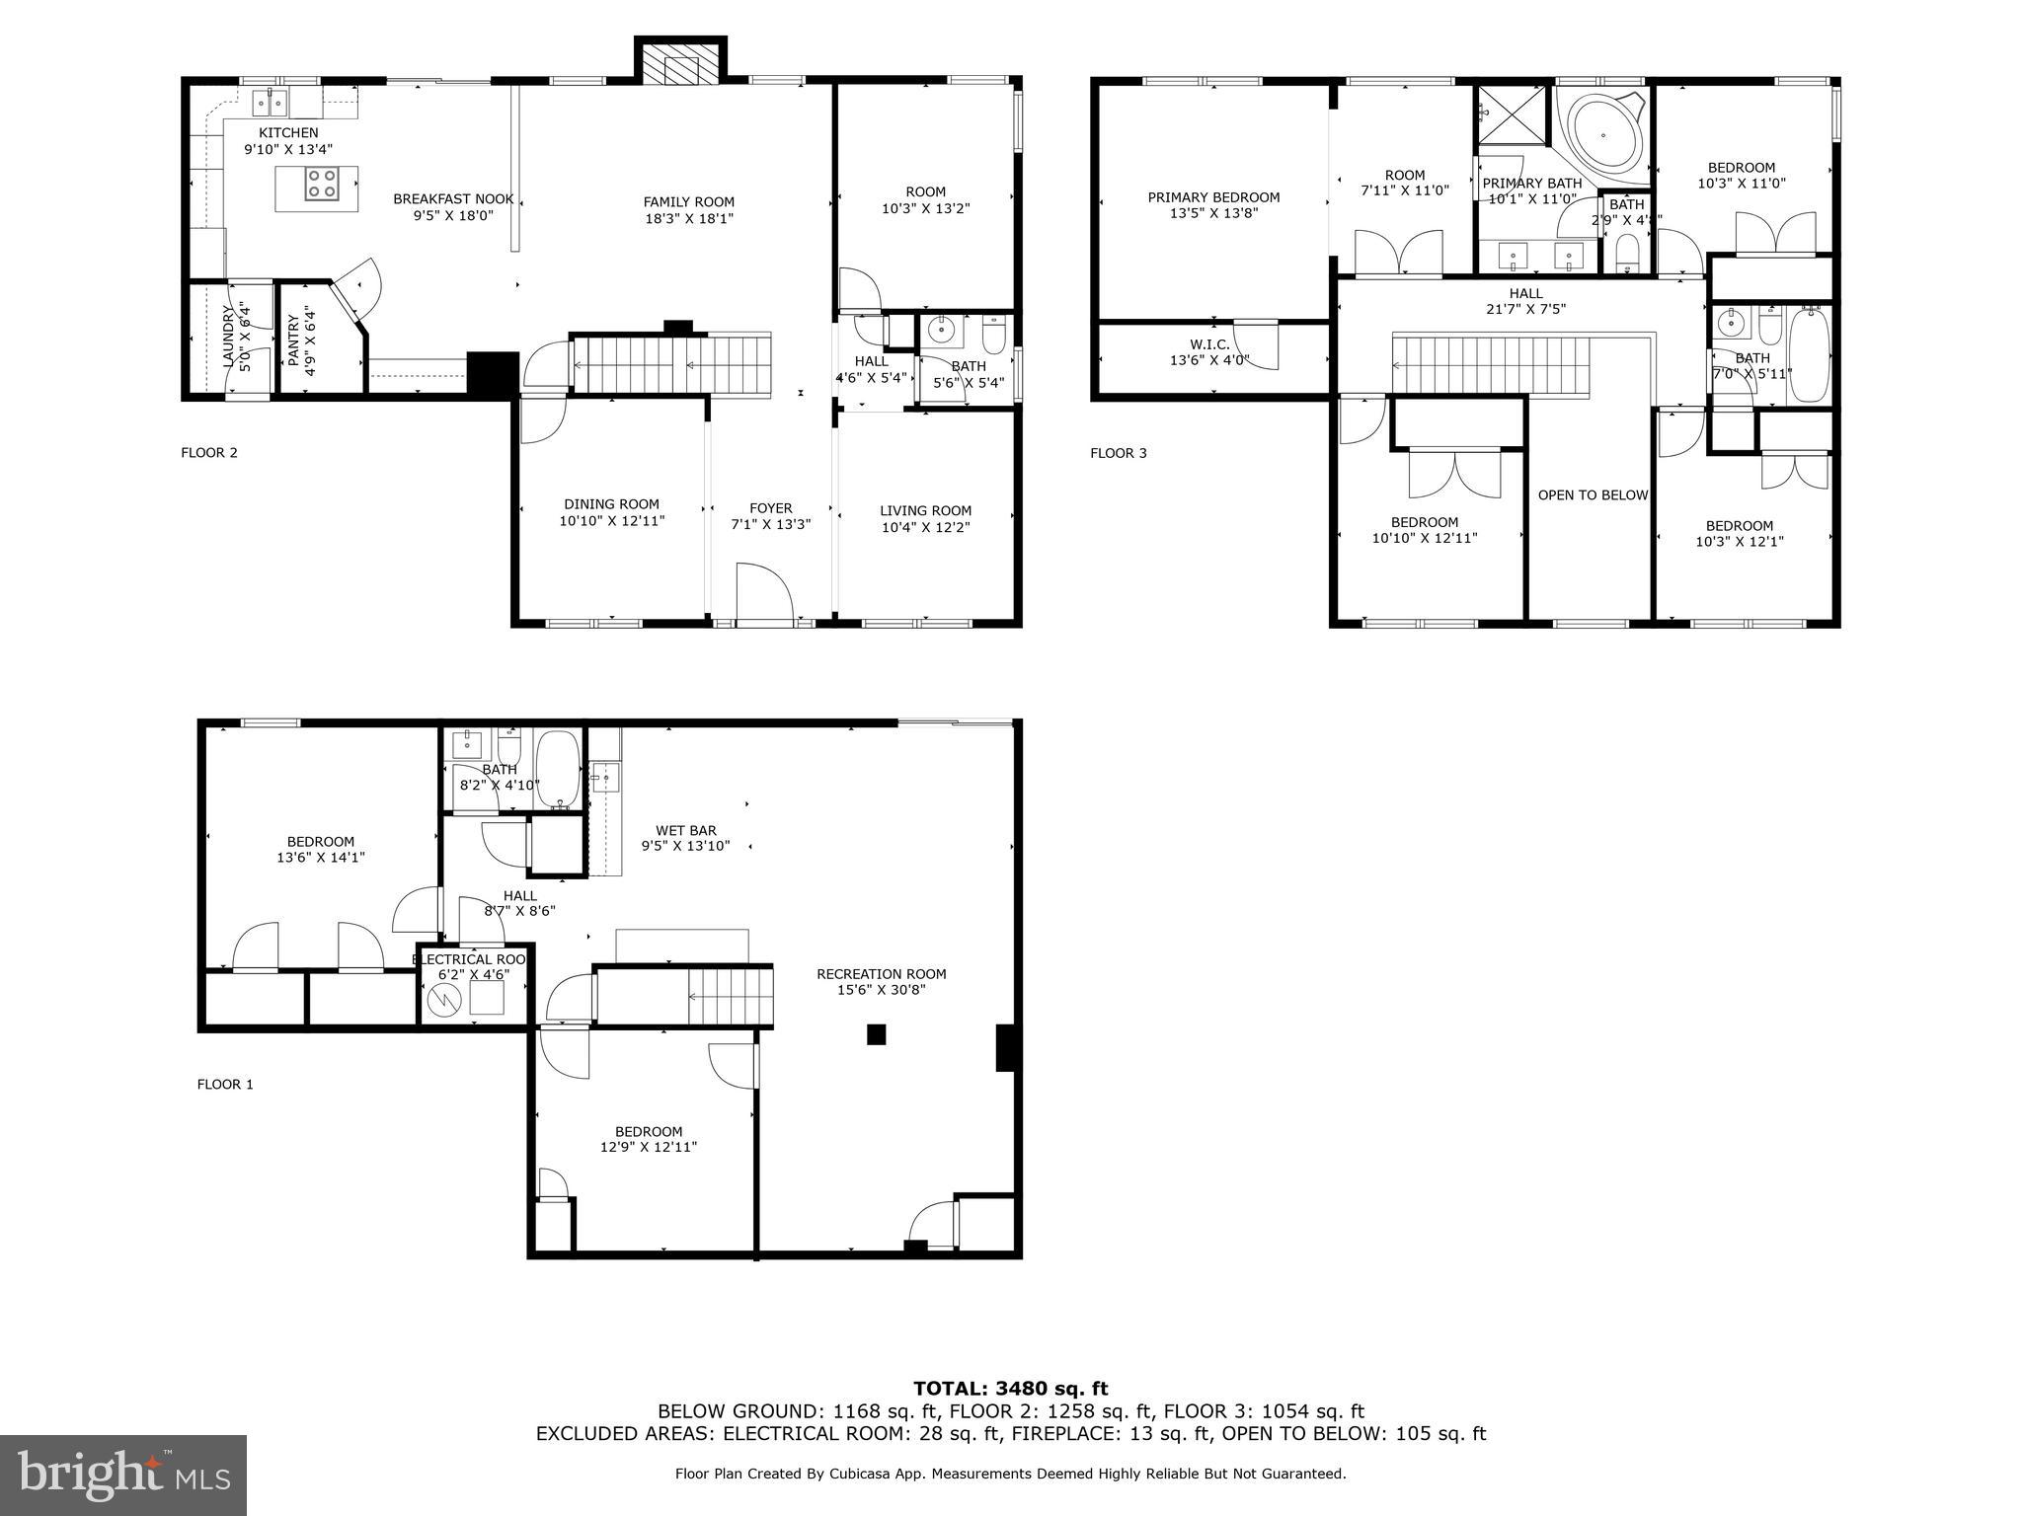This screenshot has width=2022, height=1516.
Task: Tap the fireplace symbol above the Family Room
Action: click(x=680, y=67)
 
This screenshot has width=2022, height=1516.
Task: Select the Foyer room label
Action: click(x=770, y=509)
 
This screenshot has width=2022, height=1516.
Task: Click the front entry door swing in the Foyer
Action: click(x=764, y=593)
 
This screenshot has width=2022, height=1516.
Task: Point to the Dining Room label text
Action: click(x=611, y=504)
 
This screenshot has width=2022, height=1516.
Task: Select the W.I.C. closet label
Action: click(x=1209, y=344)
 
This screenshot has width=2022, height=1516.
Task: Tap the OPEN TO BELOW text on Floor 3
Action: click(x=1593, y=495)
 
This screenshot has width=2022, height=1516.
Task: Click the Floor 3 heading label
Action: click(x=1118, y=453)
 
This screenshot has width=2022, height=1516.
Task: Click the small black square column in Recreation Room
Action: click(x=876, y=1034)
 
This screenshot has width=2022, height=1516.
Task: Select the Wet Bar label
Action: click(x=686, y=831)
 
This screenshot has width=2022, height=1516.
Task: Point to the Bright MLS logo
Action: click(x=123, y=1475)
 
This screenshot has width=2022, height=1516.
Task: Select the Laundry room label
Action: click(x=229, y=338)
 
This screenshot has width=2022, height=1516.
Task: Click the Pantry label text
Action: click(x=292, y=340)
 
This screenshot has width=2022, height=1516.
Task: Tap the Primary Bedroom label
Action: click(x=1213, y=197)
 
